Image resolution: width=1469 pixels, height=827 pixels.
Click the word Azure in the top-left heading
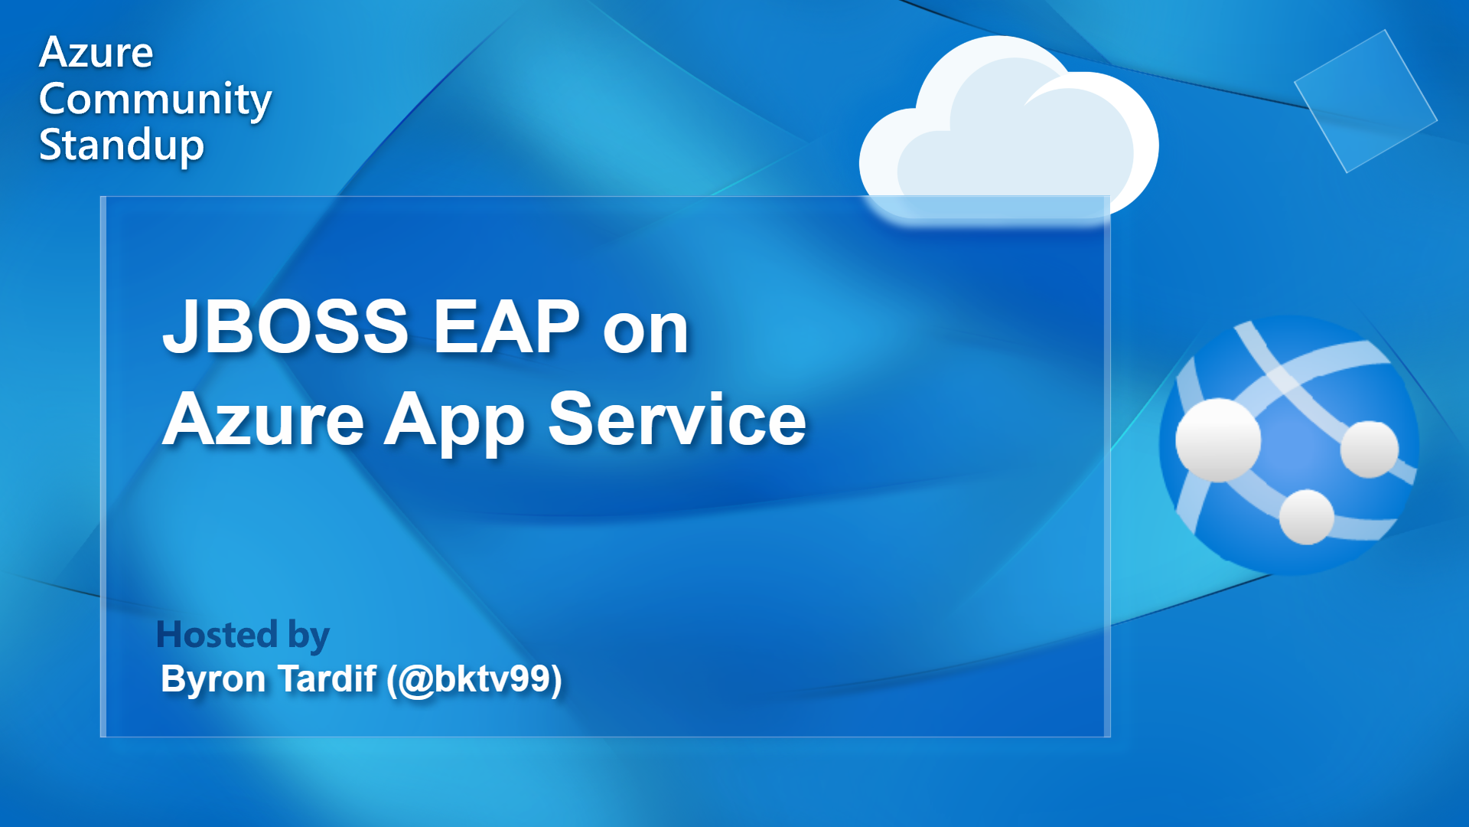[96, 53]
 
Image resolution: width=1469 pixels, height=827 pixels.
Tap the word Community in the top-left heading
[155, 100]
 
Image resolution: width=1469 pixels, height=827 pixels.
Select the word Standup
[122, 145]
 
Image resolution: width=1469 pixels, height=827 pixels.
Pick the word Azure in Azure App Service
[264, 419]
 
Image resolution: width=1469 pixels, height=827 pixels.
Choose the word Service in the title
[677, 419]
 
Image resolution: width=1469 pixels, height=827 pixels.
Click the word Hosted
[217, 635]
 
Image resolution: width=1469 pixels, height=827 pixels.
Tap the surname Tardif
[327, 678]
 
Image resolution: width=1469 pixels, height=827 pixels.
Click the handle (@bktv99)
[474, 680]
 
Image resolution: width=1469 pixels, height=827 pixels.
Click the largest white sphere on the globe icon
[1217, 440]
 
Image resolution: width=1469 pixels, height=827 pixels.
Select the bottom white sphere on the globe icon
[1307, 517]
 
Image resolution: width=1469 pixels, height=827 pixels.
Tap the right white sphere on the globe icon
[1370, 449]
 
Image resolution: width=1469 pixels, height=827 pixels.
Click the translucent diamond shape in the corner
[1366, 101]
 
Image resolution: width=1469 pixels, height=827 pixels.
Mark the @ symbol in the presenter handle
[416, 680]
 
